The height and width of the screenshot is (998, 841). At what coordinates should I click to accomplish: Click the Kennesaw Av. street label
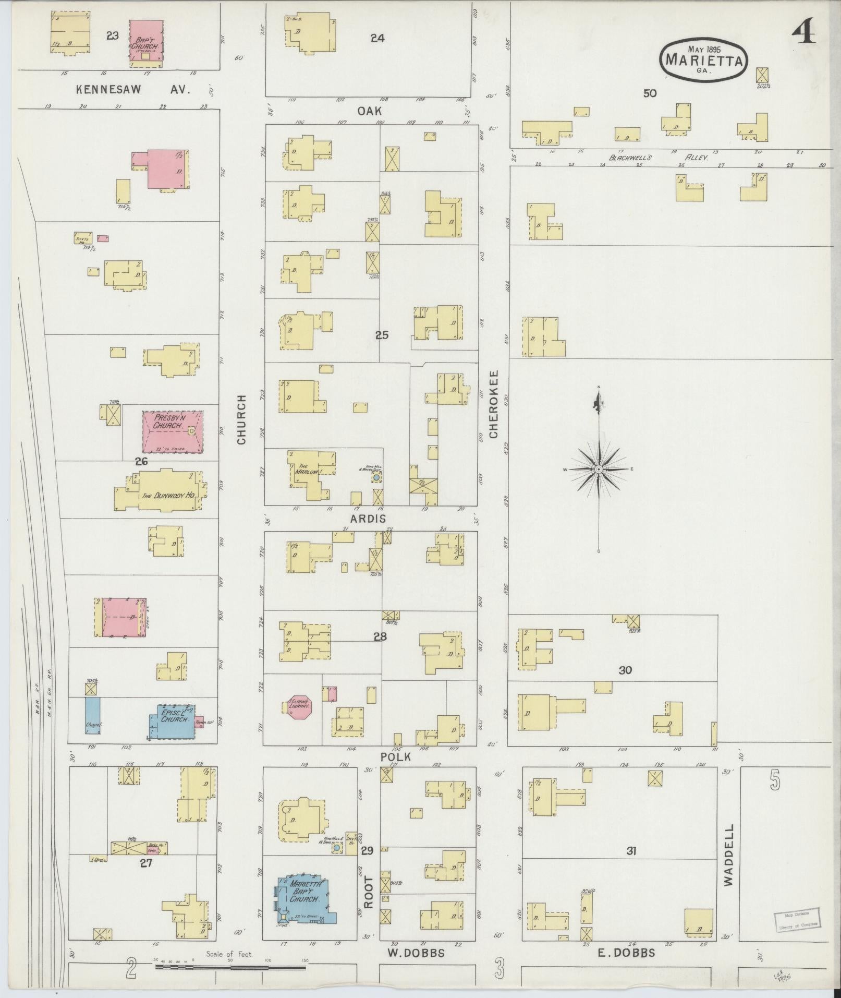pyautogui.click(x=133, y=89)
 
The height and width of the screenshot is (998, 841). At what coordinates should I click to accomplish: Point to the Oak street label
pyautogui.click(x=370, y=111)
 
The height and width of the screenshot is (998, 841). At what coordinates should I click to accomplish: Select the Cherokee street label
pyautogui.click(x=494, y=404)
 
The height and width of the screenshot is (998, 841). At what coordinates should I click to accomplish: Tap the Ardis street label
pyautogui.click(x=368, y=519)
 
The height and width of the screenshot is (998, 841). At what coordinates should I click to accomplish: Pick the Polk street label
pyautogui.click(x=396, y=756)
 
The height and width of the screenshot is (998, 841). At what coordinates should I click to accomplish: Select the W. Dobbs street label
pyautogui.click(x=416, y=953)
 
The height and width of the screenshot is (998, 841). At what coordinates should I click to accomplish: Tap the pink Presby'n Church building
pyautogui.click(x=173, y=431)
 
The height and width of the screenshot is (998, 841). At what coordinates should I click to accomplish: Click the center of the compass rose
pyautogui.click(x=599, y=470)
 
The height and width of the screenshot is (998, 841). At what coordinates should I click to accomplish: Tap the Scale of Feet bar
pyautogui.click(x=230, y=967)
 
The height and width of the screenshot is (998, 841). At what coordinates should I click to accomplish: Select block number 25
pyautogui.click(x=382, y=335)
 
